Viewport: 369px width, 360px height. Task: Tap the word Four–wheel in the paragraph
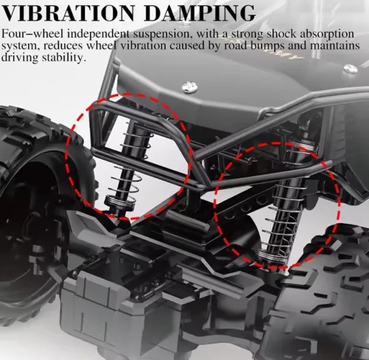[x=33, y=34]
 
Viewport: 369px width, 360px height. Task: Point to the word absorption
[x=327, y=35]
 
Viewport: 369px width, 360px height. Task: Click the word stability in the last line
[x=64, y=58]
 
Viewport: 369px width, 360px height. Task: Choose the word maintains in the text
[x=335, y=45]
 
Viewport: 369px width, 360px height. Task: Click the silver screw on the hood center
[x=190, y=86]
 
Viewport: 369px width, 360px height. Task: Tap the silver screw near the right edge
[x=351, y=68]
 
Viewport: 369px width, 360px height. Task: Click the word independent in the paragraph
[x=99, y=35]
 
